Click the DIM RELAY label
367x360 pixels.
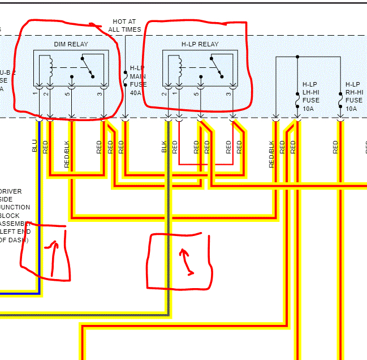[71, 44]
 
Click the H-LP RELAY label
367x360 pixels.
[200, 44]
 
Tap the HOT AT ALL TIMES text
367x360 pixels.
[124, 25]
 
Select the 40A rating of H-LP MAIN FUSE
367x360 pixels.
[136, 93]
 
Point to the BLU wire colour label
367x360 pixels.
[34, 147]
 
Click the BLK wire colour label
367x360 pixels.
[164, 147]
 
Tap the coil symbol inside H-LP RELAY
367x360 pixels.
[179, 67]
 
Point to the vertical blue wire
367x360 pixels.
[39, 226]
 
